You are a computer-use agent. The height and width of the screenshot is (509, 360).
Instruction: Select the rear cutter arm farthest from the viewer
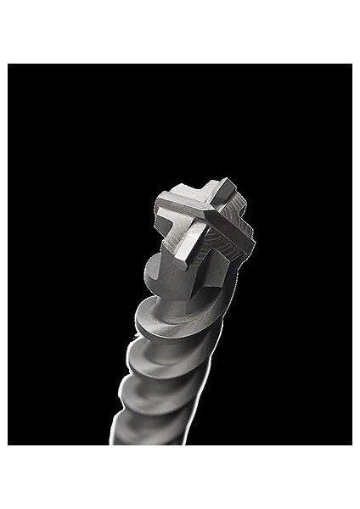coord(222,185)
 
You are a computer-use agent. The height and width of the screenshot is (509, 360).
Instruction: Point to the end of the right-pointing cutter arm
coord(247,222)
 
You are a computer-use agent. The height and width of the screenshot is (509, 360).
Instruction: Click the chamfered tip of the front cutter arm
coord(181,265)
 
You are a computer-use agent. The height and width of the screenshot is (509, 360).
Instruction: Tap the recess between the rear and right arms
coord(238,201)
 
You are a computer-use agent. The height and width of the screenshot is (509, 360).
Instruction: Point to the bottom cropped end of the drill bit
coord(136,439)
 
